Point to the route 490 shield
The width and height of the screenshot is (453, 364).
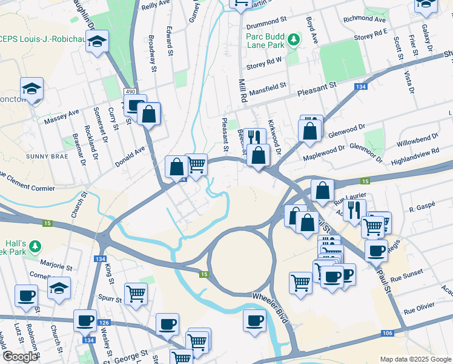click(x=131, y=91)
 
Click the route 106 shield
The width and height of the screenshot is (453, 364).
click(x=388, y=333)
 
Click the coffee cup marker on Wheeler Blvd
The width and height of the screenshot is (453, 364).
click(x=255, y=320)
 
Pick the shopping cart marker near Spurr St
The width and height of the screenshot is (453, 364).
click(x=136, y=294)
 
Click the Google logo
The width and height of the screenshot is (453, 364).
click(x=20, y=357)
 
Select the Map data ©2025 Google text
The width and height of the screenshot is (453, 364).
click(x=415, y=359)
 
